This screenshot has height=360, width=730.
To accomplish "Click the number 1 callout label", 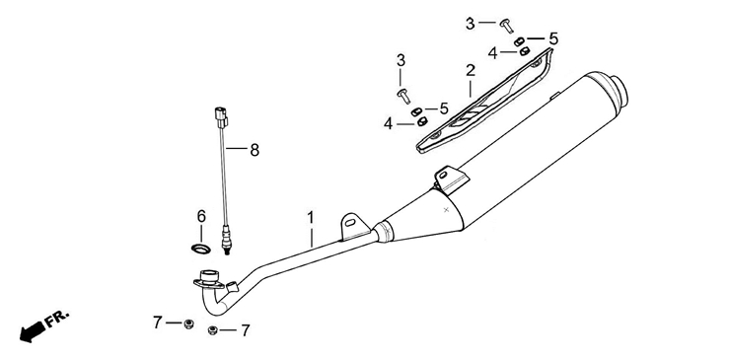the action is click(x=310, y=218).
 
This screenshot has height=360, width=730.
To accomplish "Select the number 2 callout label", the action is click(x=471, y=71).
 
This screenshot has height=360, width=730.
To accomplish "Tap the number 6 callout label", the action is click(x=201, y=216).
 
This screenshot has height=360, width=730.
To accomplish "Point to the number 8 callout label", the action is click(x=255, y=150).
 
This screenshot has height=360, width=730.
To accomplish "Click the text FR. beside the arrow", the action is click(x=57, y=319).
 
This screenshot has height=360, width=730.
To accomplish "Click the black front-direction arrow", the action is click(x=32, y=332).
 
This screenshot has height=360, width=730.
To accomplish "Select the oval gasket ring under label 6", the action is click(x=200, y=249).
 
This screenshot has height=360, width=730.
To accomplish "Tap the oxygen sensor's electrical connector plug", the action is click(x=221, y=117).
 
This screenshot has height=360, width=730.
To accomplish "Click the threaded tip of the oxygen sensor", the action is click(x=227, y=252).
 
